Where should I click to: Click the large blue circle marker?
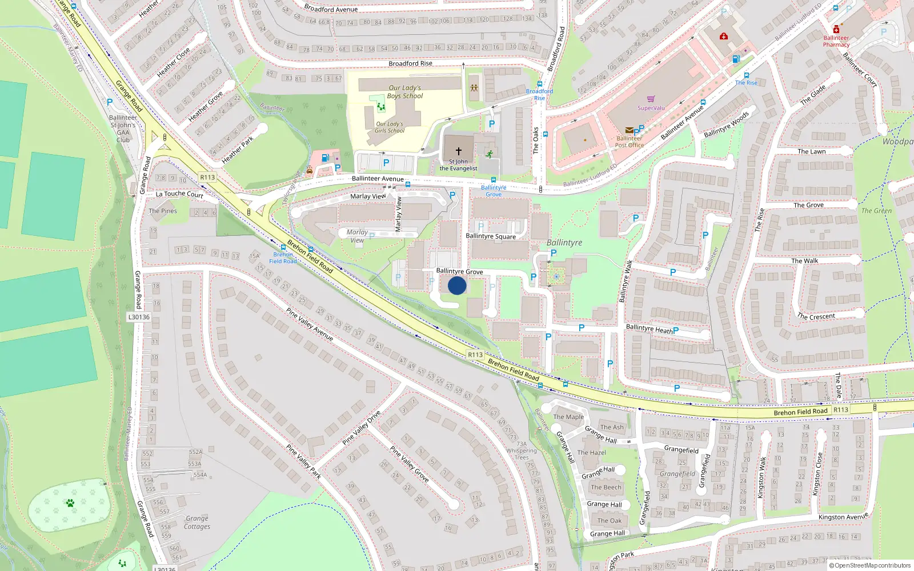(457, 285)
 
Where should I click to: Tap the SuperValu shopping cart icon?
(651, 99)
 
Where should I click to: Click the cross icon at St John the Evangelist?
(458, 151)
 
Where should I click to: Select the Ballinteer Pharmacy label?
(836, 41)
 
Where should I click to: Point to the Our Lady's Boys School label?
(405, 92)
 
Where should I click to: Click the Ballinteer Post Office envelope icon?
(629, 130)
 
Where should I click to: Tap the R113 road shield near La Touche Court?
(207, 178)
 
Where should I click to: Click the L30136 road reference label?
(139, 317)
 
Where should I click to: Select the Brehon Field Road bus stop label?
(283, 258)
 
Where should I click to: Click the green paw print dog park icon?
(70, 503)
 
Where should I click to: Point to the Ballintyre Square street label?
(490, 236)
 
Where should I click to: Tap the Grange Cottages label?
(197, 522)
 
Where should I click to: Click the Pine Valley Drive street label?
(361, 428)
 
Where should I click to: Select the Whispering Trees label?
(522, 454)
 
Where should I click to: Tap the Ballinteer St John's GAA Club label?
(123, 128)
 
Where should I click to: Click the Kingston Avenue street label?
(843, 517)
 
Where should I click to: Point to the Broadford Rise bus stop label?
(539, 94)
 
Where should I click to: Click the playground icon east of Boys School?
(474, 89)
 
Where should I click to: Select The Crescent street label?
(816, 316)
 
